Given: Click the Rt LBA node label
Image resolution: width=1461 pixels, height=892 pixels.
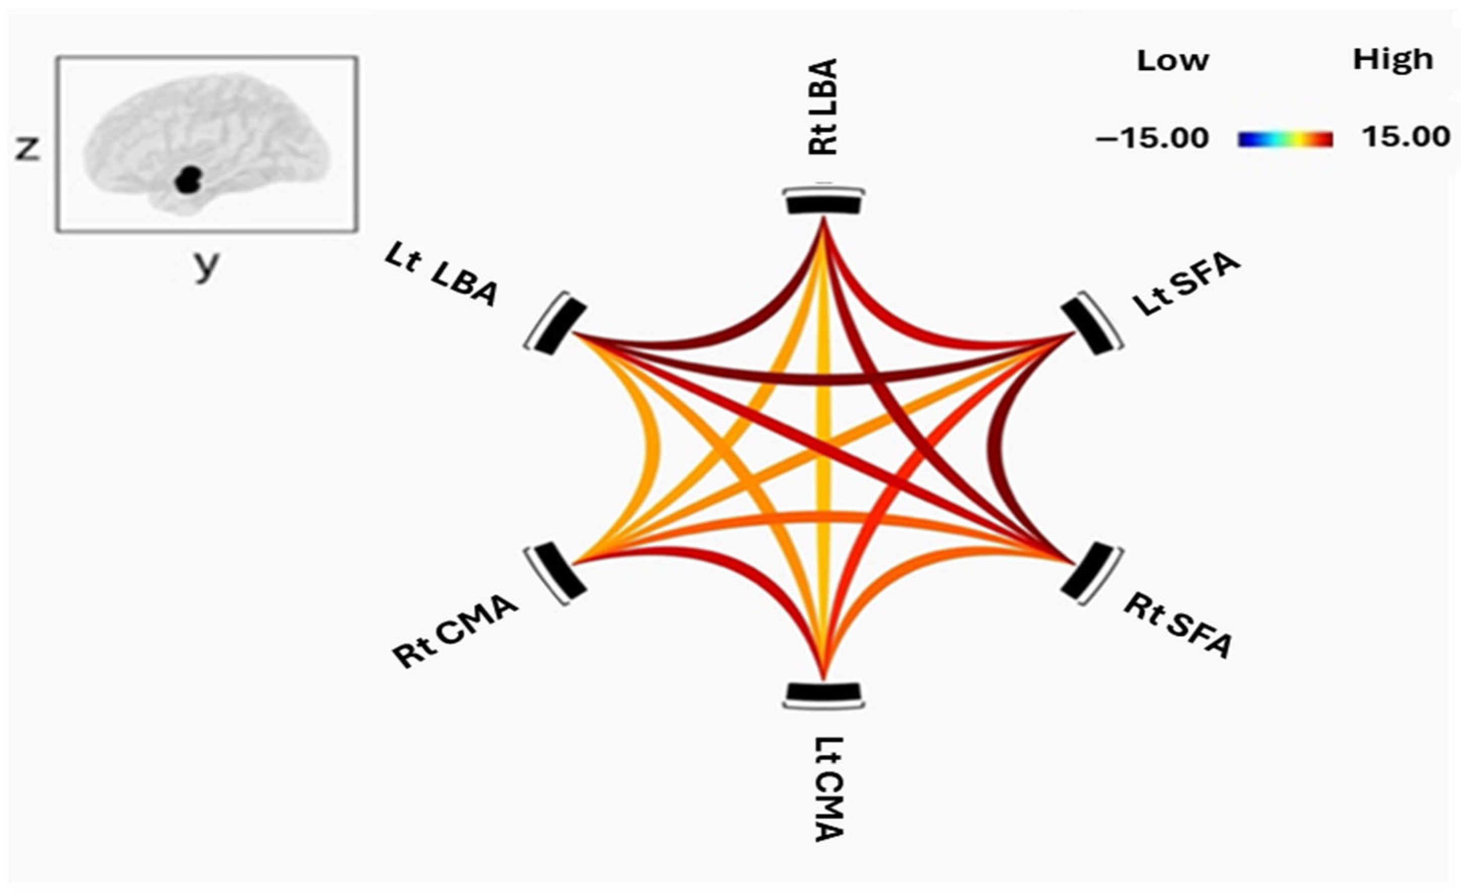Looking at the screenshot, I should pyautogui.click(x=824, y=107).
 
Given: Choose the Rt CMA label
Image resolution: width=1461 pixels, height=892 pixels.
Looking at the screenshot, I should pyautogui.click(x=455, y=632).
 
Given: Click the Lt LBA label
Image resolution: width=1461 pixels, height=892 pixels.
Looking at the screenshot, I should pyautogui.click(x=440, y=277).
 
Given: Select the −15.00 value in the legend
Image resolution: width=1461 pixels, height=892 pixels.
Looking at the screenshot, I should pyautogui.click(x=1151, y=139).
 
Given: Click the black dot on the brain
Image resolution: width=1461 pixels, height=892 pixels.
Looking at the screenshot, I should pyautogui.click(x=189, y=180).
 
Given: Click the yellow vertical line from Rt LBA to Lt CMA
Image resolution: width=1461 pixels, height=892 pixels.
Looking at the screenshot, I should pyautogui.click(x=824, y=451).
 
